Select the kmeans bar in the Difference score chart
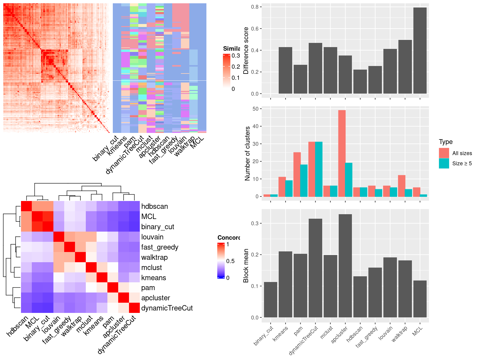point(285,70)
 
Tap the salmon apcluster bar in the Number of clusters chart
point(342,153)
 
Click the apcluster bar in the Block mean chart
point(345,266)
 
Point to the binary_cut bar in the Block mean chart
point(271,300)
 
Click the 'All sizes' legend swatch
point(444,153)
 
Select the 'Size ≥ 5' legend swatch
point(444,163)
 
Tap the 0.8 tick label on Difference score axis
point(255,7)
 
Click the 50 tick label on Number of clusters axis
point(255,109)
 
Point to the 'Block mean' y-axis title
point(246,266)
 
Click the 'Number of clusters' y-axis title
point(247,154)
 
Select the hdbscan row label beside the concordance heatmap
point(154,206)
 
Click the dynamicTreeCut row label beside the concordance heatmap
point(167,308)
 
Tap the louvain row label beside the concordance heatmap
point(152,237)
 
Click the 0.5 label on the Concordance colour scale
point(230,261)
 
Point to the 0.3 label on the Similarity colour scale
point(236,55)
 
